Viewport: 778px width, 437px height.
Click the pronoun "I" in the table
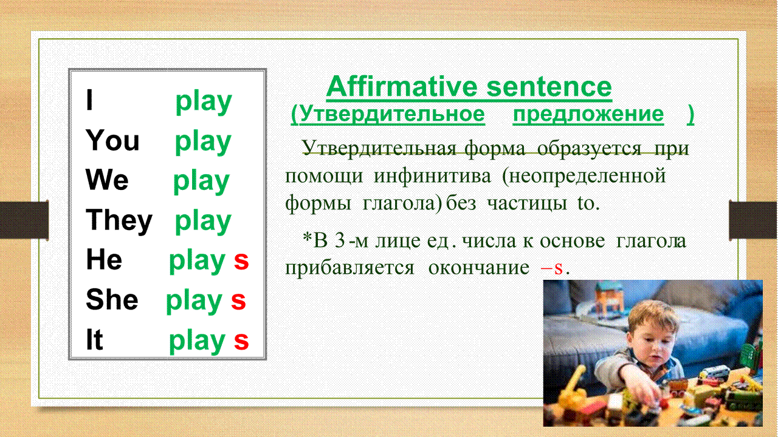[x=89, y=100]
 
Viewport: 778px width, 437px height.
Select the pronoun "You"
[x=112, y=140]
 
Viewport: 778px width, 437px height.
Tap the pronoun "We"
[x=107, y=179]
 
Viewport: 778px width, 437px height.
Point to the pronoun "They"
[x=119, y=221]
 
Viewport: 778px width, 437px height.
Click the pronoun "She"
[x=112, y=299]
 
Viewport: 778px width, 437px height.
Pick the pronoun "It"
[x=94, y=339]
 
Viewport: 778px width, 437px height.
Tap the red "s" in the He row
[x=241, y=261]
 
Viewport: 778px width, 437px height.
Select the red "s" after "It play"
[x=241, y=341]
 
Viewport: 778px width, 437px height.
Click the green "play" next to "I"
[x=204, y=103]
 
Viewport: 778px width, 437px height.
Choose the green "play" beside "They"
[x=203, y=222]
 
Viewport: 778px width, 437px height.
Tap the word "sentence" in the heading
[x=549, y=87]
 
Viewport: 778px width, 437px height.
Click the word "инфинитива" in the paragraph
[x=432, y=176]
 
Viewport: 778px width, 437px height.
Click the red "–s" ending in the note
[x=551, y=268]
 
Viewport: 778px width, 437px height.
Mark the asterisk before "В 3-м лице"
[x=308, y=238]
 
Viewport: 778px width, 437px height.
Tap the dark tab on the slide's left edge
[x=24, y=220]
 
